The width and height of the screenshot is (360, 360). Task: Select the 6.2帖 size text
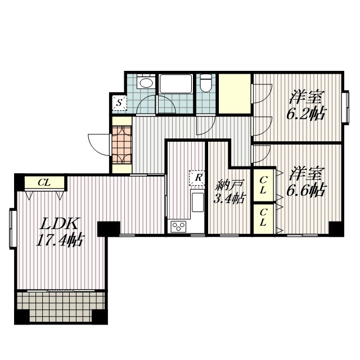(307, 113)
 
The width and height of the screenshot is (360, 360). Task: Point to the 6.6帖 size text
(307, 190)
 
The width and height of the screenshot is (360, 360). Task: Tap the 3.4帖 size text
(229, 198)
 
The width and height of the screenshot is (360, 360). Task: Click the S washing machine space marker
(119, 102)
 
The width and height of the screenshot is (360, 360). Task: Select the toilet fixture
(206, 83)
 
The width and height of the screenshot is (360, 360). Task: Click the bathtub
(175, 84)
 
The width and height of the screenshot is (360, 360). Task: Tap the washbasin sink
(145, 82)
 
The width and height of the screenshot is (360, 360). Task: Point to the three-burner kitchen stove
(178, 227)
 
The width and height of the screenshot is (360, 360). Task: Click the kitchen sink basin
(197, 202)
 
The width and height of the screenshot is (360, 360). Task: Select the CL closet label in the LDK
(44, 183)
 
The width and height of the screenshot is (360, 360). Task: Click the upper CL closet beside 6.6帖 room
(263, 185)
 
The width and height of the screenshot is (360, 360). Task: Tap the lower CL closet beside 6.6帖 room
(263, 219)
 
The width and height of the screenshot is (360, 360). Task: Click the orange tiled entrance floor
(121, 145)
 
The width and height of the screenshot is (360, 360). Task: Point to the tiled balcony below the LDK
(61, 307)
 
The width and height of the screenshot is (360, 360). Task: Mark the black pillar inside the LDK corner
(109, 229)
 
